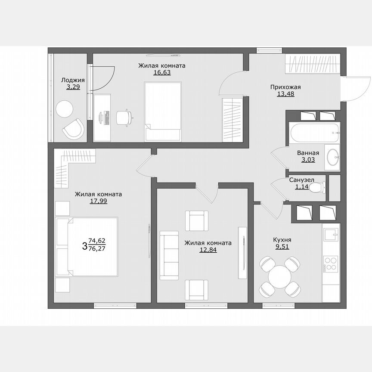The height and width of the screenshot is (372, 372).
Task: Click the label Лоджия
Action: [x=73, y=80]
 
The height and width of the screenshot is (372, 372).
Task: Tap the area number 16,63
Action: [x=162, y=73]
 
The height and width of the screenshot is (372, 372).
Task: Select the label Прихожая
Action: [x=285, y=87]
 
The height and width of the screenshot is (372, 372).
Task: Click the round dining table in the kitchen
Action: [x=279, y=276]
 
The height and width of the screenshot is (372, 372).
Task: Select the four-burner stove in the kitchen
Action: [x=331, y=263]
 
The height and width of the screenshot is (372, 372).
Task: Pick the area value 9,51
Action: [x=282, y=247]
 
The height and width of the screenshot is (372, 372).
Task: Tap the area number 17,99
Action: [x=98, y=201]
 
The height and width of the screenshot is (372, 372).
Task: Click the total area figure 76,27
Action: [x=97, y=248]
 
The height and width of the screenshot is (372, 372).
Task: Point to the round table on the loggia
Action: [x=65, y=108]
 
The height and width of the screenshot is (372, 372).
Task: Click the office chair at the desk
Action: [x=124, y=117]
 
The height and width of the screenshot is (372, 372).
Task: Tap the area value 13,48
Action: [x=285, y=94]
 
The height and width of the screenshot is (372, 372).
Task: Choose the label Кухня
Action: [x=282, y=240]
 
